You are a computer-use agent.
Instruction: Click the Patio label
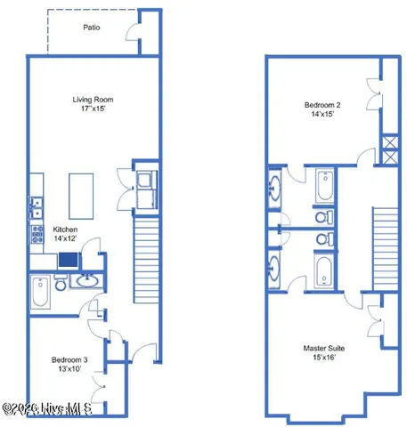tap(91, 28)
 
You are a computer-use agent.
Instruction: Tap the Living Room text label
tap(93, 99)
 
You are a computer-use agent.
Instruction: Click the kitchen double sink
tap(36, 208)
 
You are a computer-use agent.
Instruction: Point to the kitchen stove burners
tap(37, 234)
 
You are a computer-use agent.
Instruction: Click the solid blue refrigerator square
tap(69, 260)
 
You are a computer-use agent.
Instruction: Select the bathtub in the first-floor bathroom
tap(40, 293)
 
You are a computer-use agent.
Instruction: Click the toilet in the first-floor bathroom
tap(60, 284)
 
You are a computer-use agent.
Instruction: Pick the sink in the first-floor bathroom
tap(86, 283)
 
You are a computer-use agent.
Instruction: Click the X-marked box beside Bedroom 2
tap(389, 149)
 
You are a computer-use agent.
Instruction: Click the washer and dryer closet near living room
tap(145, 188)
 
